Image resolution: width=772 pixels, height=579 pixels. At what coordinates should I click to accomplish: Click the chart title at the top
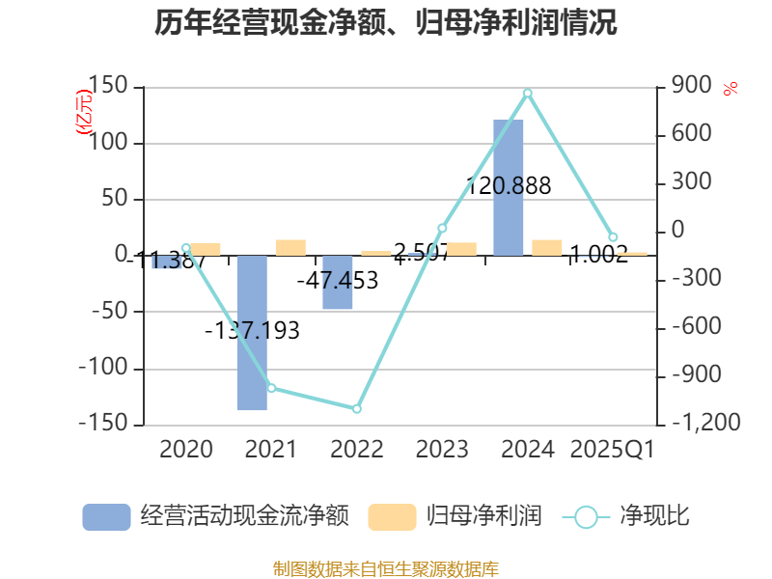pyautogui.click(x=386, y=23)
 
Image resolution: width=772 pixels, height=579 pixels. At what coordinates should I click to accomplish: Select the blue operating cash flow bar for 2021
pyautogui.click(x=252, y=333)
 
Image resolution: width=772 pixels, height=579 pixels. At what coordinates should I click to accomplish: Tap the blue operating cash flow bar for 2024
pyautogui.click(x=509, y=187)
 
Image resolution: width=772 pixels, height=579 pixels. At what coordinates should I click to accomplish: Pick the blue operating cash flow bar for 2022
pyautogui.click(x=337, y=283)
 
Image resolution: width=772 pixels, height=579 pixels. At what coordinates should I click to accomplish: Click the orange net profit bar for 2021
pyautogui.click(x=290, y=247)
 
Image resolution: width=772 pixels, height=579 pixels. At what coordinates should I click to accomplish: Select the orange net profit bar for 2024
pyautogui.click(x=547, y=247)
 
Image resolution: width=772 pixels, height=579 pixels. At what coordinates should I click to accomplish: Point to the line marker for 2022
pyautogui.click(x=357, y=409)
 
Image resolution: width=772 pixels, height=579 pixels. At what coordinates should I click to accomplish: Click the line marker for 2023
pyautogui.click(x=442, y=228)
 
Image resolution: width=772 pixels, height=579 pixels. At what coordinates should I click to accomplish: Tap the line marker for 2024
pyautogui.click(x=528, y=93)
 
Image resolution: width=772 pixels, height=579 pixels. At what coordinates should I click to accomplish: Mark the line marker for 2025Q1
pyautogui.click(x=613, y=237)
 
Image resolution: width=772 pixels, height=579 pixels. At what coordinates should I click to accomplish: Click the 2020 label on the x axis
pyautogui.click(x=186, y=450)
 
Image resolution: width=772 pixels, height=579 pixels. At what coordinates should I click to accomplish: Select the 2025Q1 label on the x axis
pyautogui.click(x=613, y=450)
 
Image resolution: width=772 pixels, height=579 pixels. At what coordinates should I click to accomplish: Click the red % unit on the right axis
pyautogui.click(x=731, y=89)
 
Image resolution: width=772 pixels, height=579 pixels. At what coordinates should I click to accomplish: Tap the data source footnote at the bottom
pyautogui.click(x=386, y=568)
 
